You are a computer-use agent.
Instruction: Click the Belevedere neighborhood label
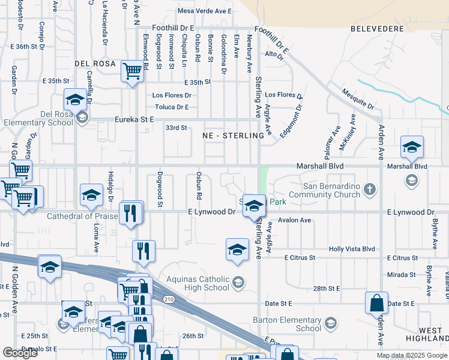click(376, 28)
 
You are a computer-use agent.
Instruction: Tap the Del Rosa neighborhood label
click(94, 63)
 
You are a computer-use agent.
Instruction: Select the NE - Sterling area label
click(234, 136)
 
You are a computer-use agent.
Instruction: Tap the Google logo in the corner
click(20, 353)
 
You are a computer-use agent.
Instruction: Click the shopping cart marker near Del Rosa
click(132, 72)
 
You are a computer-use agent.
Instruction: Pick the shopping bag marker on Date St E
click(376, 304)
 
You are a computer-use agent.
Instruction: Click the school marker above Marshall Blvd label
click(412, 147)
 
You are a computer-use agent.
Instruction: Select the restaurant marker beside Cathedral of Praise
click(130, 214)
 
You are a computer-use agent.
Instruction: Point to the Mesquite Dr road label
click(358, 98)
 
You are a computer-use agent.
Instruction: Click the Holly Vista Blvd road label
click(352, 249)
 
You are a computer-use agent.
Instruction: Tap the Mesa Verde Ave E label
click(205, 11)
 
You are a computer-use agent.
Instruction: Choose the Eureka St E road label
click(135, 120)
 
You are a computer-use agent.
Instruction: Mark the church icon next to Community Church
click(370, 190)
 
